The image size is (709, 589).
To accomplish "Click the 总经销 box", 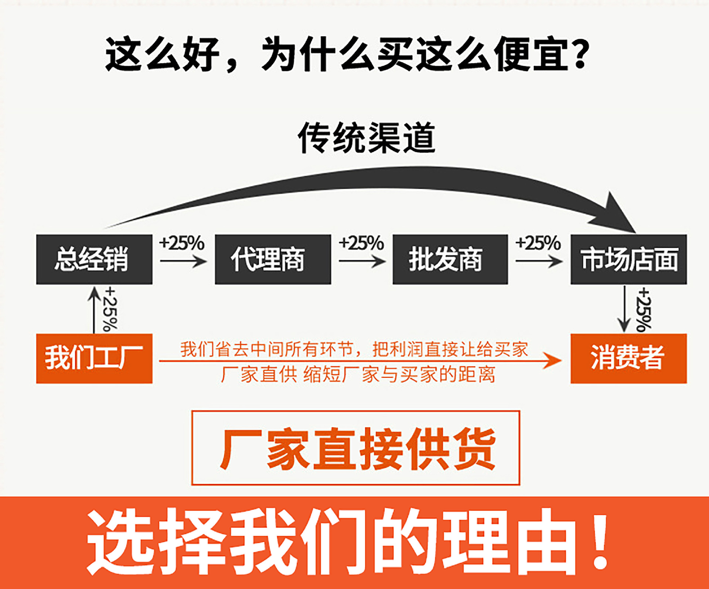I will tap(94, 259).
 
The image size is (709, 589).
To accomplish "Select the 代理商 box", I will tap(273, 259).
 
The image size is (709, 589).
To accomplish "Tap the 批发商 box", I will tap(450, 259).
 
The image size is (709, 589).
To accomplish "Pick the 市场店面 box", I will tap(628, 259).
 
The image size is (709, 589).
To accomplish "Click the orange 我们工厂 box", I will tap(94, 358).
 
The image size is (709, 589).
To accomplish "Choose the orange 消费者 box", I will tap(628, 358).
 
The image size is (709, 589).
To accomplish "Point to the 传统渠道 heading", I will tap(367, 138).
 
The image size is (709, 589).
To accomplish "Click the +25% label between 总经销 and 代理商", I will tap(182, 243).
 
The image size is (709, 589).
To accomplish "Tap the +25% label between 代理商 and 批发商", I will tap(361, 243).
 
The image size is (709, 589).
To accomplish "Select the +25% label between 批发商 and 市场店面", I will tap(538, 243).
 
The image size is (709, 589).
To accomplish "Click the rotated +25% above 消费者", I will tap(644, 310).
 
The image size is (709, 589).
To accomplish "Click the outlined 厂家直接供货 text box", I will tap(355, 448).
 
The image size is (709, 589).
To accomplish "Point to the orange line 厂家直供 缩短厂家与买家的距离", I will tap(358, 375).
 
